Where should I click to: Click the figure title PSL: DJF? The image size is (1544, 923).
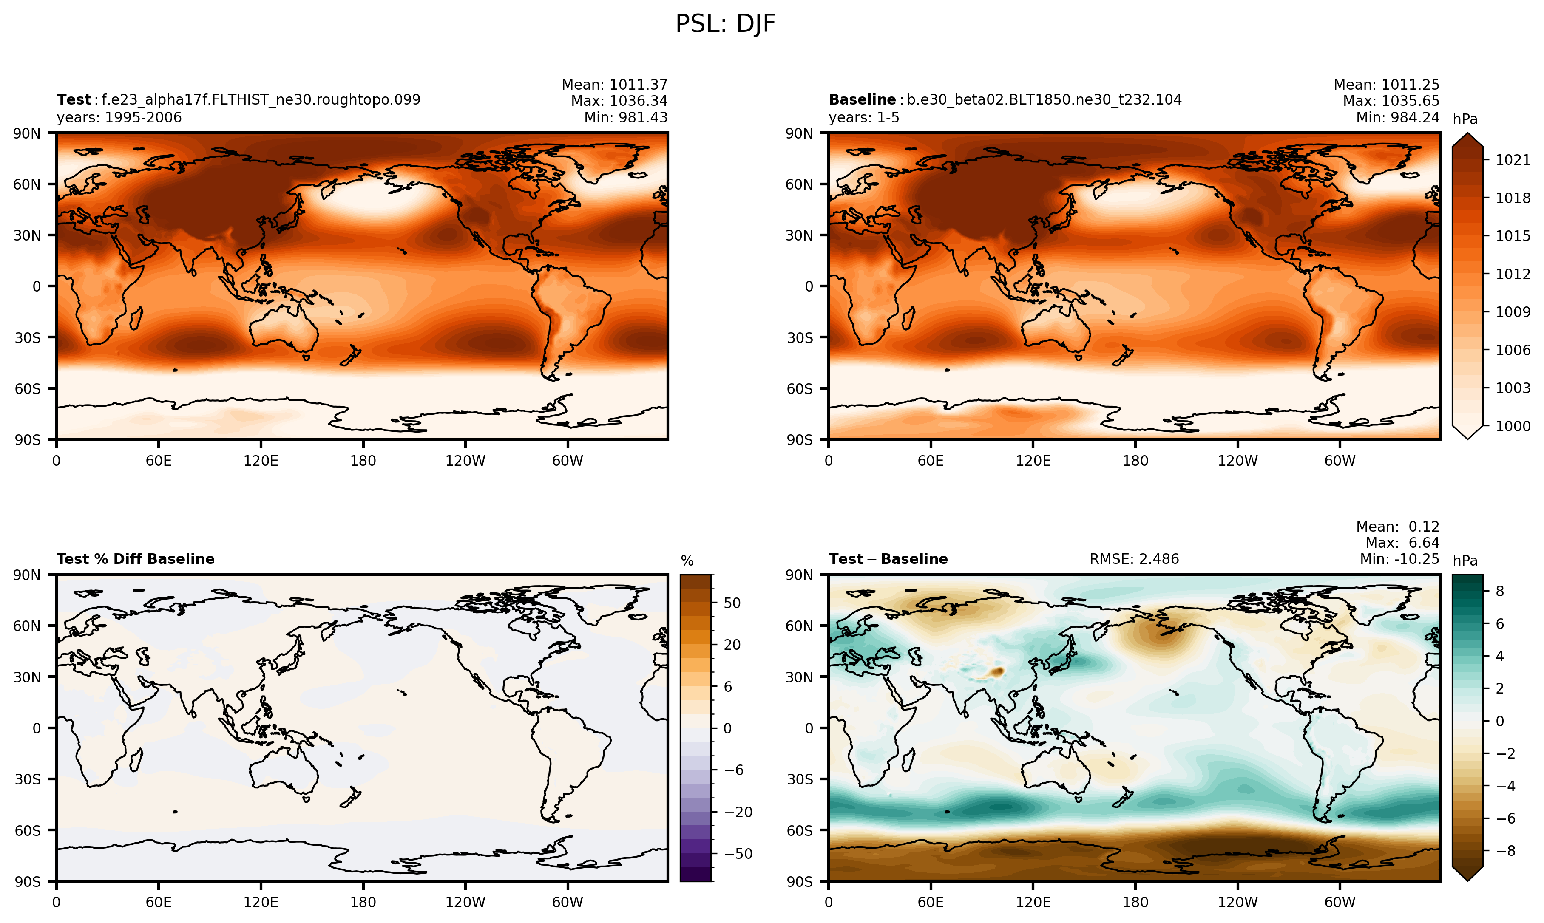click(x=725, y=24)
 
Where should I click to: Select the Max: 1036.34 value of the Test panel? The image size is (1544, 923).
click(x=619, y=101)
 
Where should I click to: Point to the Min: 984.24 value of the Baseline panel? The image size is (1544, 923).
click(x=1397, y=118)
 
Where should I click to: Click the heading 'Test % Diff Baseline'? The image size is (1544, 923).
click(x=136, y=559)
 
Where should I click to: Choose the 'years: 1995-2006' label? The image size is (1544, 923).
click(x=119, y=118)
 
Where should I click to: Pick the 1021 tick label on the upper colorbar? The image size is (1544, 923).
click(x=1512, y=160)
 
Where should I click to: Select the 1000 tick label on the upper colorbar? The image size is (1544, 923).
click(x=1512, y=426)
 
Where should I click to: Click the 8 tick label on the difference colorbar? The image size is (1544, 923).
click(x=1499, y=591)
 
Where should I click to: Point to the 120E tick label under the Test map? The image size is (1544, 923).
click(x=261, y=461)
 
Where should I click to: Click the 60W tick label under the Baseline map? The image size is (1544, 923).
click(x=1340, y=461)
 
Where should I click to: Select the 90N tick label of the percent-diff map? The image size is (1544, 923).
click(x=27, y=575)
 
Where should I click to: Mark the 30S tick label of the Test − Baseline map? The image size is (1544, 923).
click(x=799, y=779)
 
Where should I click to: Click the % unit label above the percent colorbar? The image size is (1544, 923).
click(x=687, y=561)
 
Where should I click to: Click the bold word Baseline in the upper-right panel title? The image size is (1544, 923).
click(x=862, y=99)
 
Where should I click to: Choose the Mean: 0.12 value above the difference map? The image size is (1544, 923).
click(x=1397, y=527)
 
